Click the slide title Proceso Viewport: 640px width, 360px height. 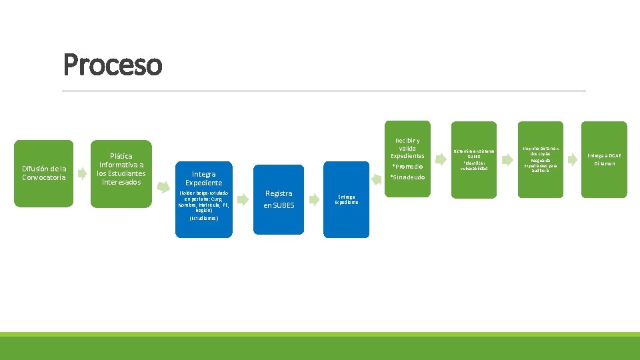click(x=112, y=65)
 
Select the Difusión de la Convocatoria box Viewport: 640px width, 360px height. click(x=43, y=173)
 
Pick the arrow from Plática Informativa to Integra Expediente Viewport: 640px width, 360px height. click(x=159, y=174)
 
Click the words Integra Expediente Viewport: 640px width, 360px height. click(x=204, y=178)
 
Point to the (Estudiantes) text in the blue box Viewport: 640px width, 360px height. click(x=204, y=218)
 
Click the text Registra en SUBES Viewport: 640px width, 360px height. click(x=279, y=199)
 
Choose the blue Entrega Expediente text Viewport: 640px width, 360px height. click(x=347, y=199)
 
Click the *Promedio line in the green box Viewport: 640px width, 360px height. click(x=407, y=167)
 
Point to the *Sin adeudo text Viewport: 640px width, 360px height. click(x=407, y=177)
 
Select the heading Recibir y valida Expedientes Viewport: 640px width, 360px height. click(x=407, y=148)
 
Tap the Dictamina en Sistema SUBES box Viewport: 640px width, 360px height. click(x=473, y=160)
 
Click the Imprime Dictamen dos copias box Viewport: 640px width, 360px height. click(x=541, y=160)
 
